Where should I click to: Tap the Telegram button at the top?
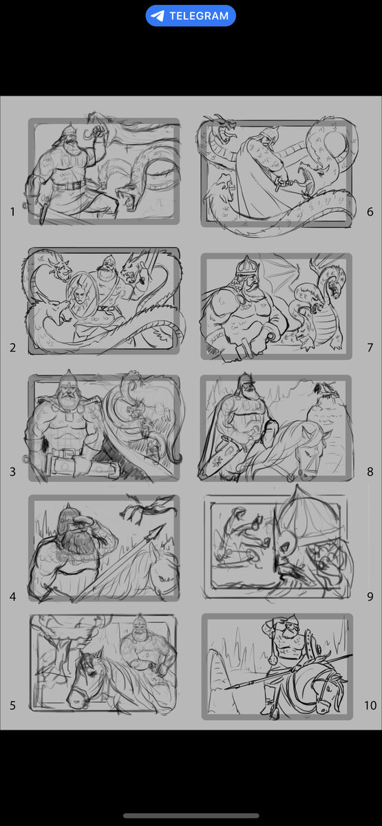click(x=191, y=16)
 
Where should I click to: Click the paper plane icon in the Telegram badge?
click(x=158, y=16)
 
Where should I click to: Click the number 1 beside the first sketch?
click(x=12, y=212)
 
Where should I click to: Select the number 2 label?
click(x=12, y=348)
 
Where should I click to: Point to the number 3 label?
click(x=12, y=472)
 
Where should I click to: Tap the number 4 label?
click(x=12, y=597)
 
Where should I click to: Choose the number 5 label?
click(x=12, y=706)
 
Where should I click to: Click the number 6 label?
click(x=370, y=212)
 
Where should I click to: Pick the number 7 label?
click(x=370, y=348)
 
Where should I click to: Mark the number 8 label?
click(x=370, y=472)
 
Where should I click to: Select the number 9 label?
click(x=370, y=597)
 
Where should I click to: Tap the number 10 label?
click(x=370, y=706)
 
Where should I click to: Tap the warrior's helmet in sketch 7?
click(x=247, y=266)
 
